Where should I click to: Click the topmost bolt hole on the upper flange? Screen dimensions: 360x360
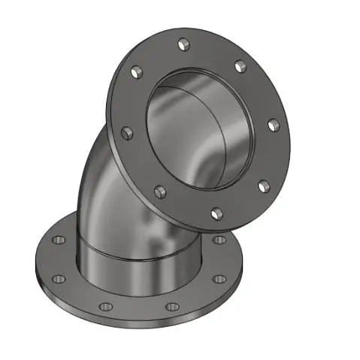coord(183,47)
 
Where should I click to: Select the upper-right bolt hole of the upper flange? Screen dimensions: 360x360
coord(240,68)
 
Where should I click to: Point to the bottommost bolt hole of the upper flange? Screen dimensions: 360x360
coord(216,213)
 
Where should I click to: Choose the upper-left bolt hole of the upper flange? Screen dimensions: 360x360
coord(136,73)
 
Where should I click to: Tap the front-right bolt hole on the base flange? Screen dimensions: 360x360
coord(171,306)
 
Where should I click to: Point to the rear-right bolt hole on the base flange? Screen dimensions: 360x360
coord(219,239)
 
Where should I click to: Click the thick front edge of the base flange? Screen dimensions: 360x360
coord(135,324)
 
